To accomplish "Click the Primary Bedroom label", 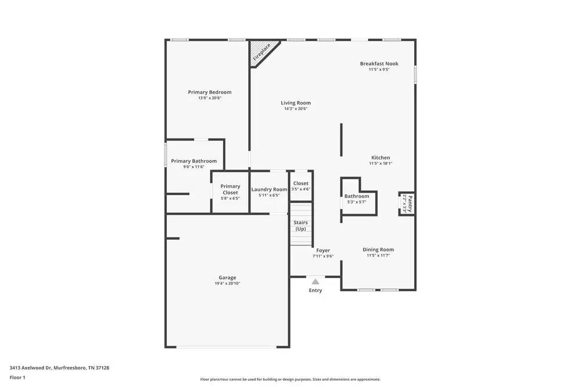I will tap(209, 92).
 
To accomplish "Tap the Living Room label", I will tap(296, 103).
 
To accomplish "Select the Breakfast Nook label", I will tap(379, 64).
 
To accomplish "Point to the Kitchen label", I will tap(381, 158).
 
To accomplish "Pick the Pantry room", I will tap(407, 204).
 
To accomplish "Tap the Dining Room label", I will tap(378, 250).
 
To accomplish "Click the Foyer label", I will tap(323, 251).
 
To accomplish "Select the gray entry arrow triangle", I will tap(315, 281).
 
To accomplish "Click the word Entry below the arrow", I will tap(315, 291).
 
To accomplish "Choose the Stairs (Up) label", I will tap(300, 226).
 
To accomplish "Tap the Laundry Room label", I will tap(269, 190).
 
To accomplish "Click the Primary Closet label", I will tap(230, 189).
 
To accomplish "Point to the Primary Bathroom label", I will tap(193, 161).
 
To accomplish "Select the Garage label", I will tap(227, 277).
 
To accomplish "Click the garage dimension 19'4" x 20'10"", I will tap(227, 284).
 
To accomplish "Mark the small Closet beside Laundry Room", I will tap(301, 186).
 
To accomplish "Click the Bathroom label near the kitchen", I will tap(357, 196).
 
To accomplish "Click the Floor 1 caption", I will tap(17, 377).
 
